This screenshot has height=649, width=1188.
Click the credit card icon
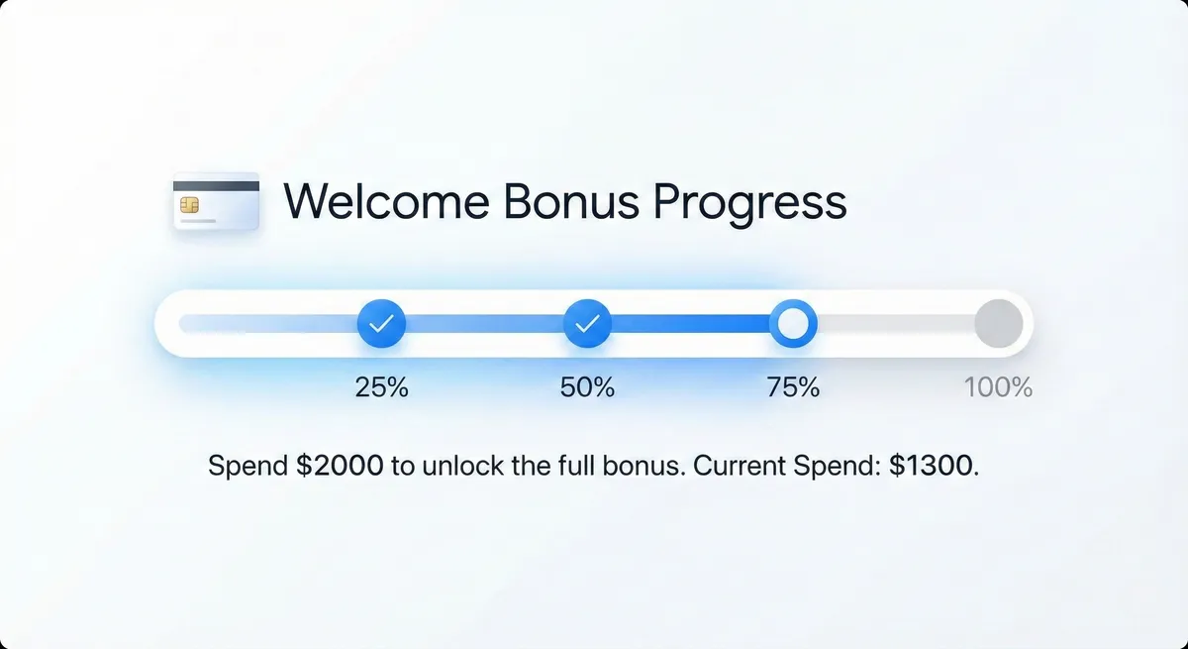216,201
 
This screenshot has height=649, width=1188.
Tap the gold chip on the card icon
189,205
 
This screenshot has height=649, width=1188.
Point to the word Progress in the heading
749,203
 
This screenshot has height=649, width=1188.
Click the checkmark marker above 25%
381,323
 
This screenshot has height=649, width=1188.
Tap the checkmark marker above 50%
587,323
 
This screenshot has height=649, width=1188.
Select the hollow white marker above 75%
793,323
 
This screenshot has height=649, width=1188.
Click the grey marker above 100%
998,323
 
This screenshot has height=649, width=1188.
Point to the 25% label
381,386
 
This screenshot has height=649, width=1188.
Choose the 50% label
587,386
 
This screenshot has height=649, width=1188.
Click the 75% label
793,386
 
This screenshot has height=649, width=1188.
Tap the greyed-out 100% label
998,386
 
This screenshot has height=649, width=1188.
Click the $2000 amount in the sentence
340,466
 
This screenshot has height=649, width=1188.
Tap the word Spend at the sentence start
248,467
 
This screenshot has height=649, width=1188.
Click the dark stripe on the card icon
216,185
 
